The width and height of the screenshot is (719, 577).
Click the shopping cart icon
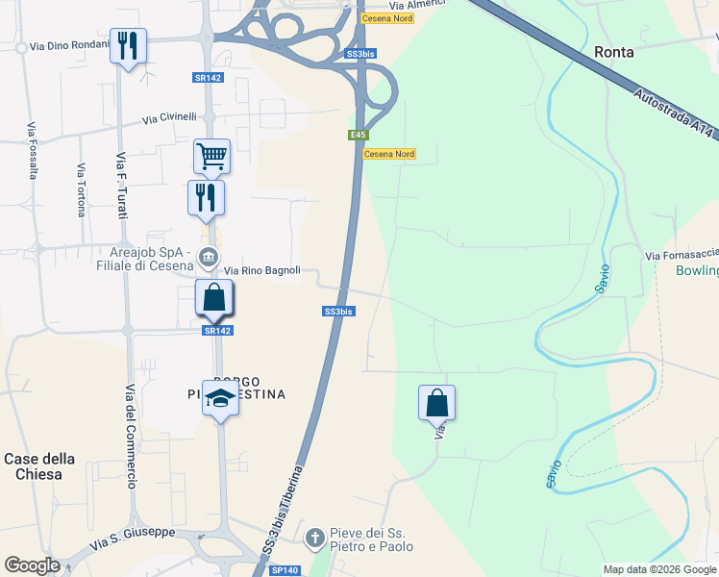point(211,155)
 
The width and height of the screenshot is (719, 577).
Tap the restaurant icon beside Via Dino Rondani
point(128,45)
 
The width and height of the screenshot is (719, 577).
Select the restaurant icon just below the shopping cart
point(206,196)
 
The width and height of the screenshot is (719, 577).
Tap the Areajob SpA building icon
point(208,257)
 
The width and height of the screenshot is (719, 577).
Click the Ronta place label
point(614,52)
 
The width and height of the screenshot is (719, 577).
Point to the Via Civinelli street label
point(169,118)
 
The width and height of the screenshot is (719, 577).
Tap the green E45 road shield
point(358,136)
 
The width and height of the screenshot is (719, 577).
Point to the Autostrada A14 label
point(675,113)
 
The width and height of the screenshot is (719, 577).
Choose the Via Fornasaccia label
point(682,255)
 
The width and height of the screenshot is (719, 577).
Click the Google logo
point(33,565)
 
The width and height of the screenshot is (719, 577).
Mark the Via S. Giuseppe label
point(133,538)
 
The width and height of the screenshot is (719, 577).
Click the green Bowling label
point(697,271)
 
